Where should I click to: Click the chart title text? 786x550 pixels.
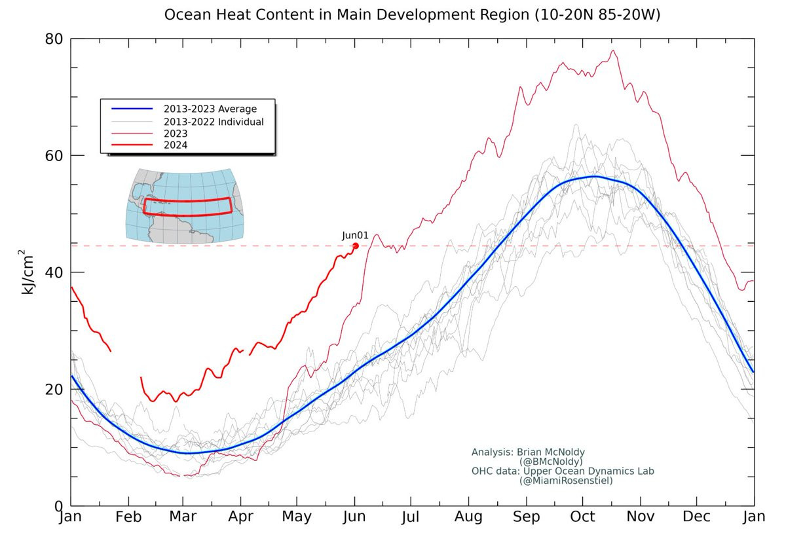point(412,14)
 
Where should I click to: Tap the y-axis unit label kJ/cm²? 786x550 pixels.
point(28,272)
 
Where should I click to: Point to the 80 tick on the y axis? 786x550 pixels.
point(54,39)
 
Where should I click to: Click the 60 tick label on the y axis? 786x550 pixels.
point(54,156)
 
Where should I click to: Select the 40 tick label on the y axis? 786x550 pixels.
point(54,272)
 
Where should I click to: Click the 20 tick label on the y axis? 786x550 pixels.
point(54,389)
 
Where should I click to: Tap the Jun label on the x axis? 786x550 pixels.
point(354,517)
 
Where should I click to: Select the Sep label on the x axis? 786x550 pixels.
point(527,517)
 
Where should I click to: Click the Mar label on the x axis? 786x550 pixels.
point(183,517)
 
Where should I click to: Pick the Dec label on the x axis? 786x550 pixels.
point(697,517)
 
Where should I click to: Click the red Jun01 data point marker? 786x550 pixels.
point(356,246)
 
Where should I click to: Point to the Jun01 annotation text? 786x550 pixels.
point(355,236)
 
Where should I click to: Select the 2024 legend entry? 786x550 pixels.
point(176,145)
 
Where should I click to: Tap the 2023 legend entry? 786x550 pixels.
point(176,134)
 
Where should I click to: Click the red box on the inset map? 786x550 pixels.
point(187,207)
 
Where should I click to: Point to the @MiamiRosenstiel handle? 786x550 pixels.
point(566,481)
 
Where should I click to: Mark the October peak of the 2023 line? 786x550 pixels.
point(613,51)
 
